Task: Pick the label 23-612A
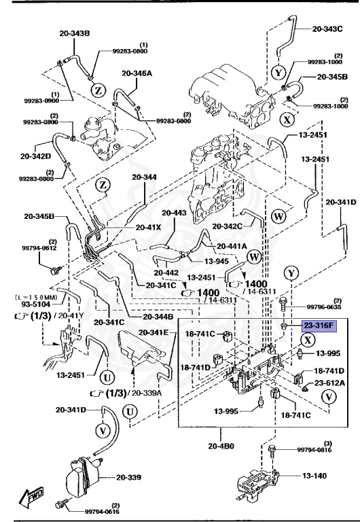[x=328, y=383]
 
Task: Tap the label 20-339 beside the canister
[x=134, y=476]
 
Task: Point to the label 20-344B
[x=158, y=317]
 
